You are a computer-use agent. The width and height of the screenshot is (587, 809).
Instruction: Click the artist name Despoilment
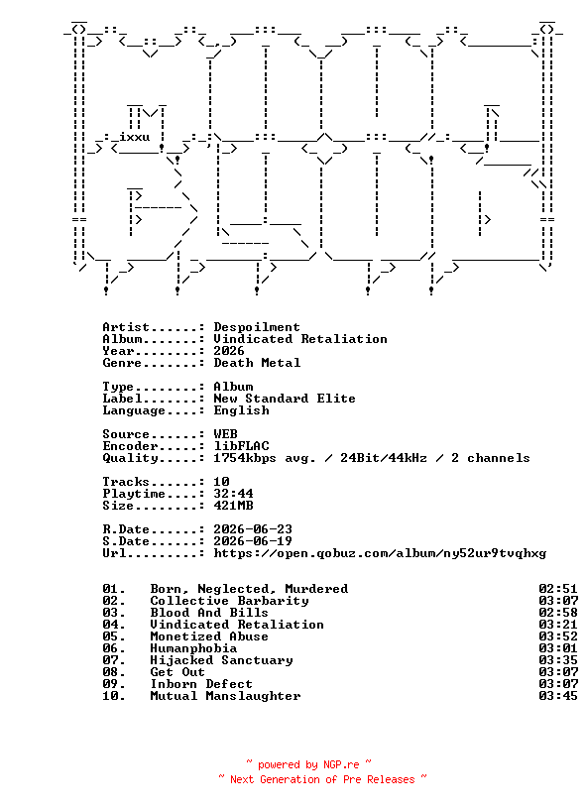click(257, 327)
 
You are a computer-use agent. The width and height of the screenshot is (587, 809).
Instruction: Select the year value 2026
click(229, 351)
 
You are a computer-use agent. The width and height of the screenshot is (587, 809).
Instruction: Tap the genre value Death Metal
click(257, 363)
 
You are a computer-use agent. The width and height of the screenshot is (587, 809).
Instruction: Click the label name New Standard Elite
click(285, 399)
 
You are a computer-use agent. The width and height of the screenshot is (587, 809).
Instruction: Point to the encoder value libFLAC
click(241, 446)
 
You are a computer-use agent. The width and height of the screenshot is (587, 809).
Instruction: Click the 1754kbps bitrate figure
click(245, 458)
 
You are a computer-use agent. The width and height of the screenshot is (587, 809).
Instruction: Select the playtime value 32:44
click(233, 494)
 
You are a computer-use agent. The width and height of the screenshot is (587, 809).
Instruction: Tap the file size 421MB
click(233, 505)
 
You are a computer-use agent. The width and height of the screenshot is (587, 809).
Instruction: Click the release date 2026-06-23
click(253, 528)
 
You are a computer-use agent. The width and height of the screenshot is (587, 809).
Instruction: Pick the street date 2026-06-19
click(253, 540)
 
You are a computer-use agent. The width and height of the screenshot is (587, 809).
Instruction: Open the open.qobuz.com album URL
click(380, 553)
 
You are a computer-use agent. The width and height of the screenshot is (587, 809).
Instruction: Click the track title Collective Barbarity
click(229, 601)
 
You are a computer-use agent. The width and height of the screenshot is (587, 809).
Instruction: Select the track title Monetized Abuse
click(209, 636)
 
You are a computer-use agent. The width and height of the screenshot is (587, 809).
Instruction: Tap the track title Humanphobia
click(193, 648)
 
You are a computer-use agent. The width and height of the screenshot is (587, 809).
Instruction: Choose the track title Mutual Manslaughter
click(225, 696)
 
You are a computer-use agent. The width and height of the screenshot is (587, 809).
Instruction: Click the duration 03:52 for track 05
click(558, 636)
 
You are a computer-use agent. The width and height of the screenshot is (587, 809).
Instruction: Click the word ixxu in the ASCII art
click(134, 137)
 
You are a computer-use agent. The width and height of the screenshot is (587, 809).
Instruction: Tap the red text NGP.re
click(341, 764)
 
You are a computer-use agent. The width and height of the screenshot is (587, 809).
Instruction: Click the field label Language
click(134, 410)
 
